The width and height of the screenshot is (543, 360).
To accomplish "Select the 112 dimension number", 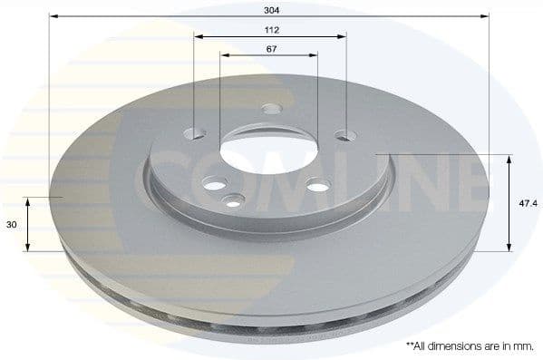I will (269, 26).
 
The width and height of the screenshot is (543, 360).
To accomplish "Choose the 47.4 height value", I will (525, 202).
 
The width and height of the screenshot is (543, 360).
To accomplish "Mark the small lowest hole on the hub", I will (232, 200).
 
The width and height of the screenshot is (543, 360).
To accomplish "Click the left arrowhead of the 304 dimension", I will (53, 16).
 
